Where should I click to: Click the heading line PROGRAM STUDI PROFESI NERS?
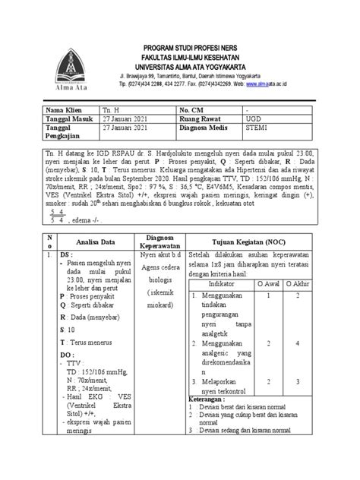(206, 48)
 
